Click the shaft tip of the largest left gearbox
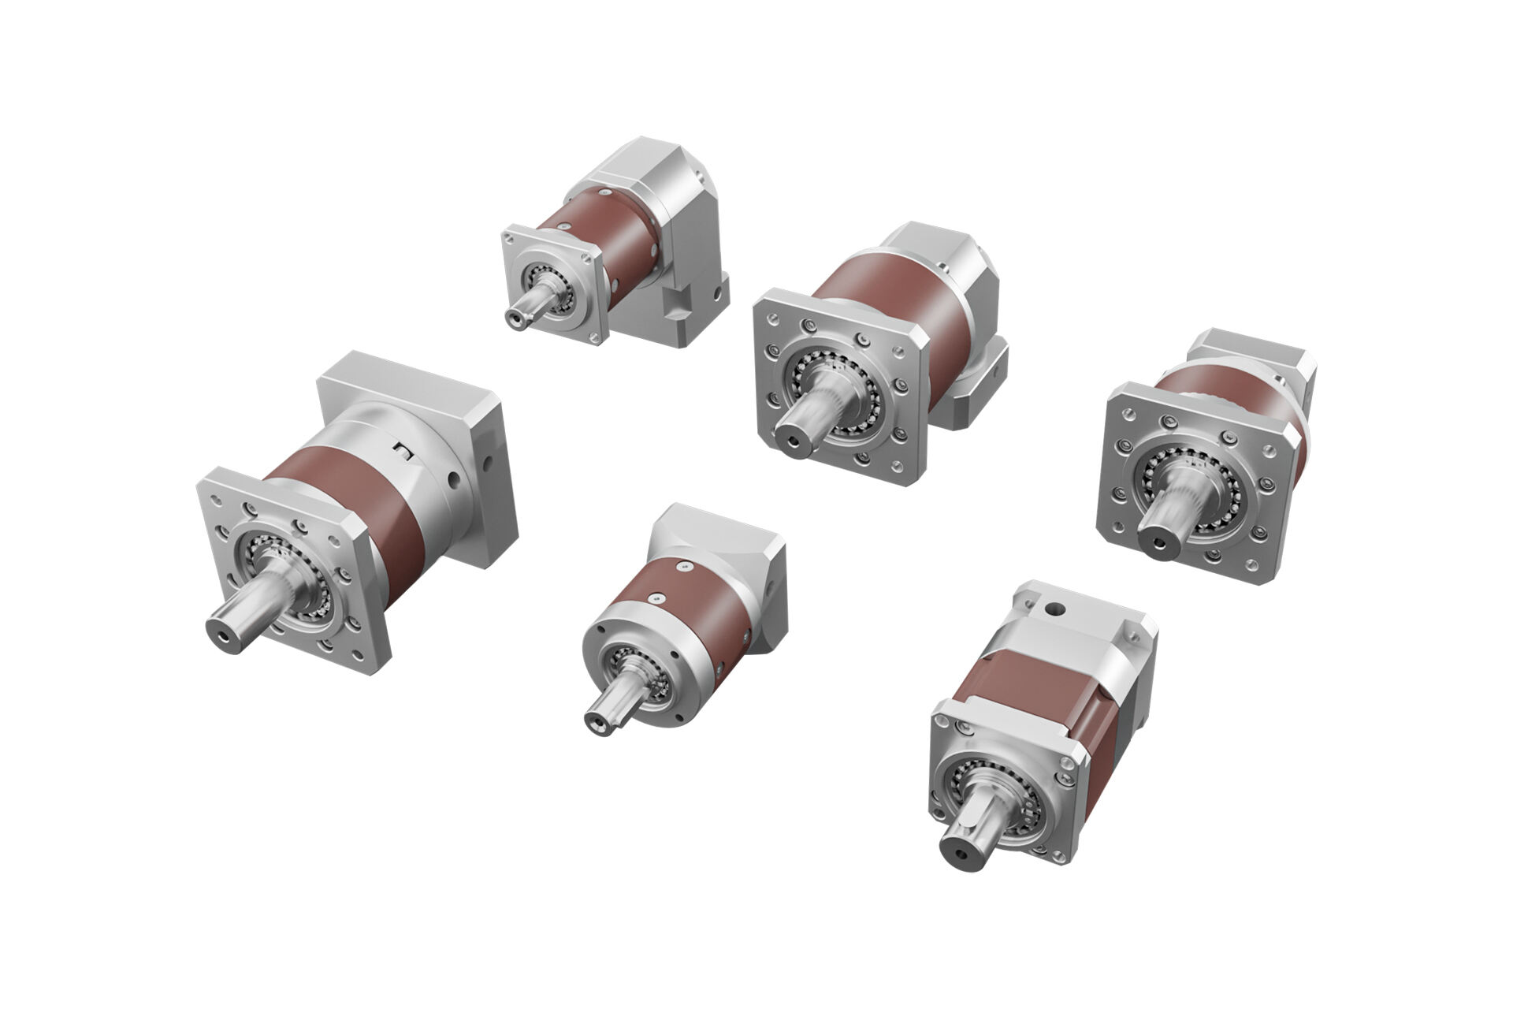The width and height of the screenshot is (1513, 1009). [222, 629]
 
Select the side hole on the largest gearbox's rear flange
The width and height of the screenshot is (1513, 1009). [452, 475]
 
